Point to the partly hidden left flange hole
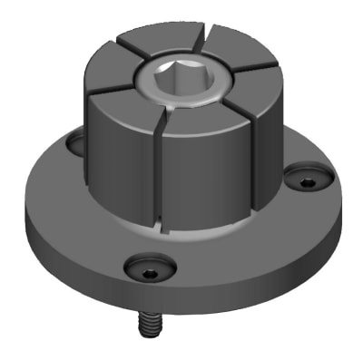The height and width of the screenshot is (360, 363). coord(75,142)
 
